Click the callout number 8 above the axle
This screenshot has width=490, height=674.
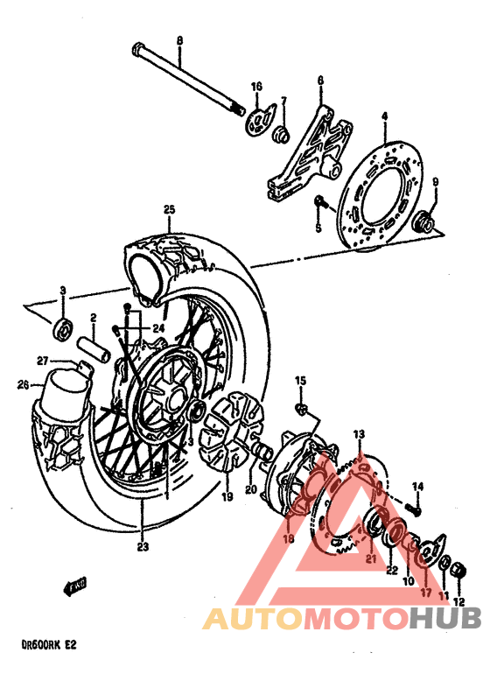click(x=179, y=40)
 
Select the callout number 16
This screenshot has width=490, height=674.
click(x=256, y=86)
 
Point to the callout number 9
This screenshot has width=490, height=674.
click(x=436, y=182)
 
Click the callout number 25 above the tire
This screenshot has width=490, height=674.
click(x=170, y=209)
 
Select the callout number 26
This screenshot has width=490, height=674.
click(x=23, y=383)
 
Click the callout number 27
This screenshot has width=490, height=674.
click(x=42, y=361)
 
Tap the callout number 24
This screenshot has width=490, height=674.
click(x=157, y=328)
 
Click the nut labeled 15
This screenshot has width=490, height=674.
click(x=302, y=408)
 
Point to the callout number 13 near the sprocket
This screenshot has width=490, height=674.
click(x=359, y=434)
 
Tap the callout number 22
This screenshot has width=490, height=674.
click(x=390, y=570)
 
